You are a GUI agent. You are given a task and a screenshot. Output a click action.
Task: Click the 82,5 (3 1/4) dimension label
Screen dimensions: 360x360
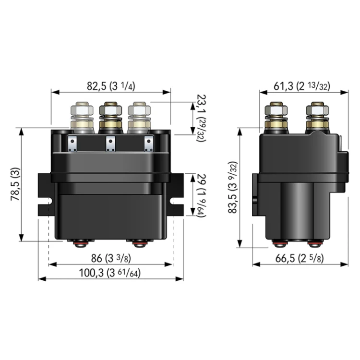click(x=111, y=86)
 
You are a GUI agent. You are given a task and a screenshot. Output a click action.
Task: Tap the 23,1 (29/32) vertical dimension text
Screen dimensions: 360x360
click(x=201, y=118)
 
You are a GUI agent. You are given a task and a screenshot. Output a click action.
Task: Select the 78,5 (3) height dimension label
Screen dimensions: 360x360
click(x=15, y=184)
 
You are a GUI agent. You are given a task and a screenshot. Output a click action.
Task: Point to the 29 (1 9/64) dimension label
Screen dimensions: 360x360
click(x=201, y=196)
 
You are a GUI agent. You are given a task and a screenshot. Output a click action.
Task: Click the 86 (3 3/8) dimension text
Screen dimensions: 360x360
click(x=111, y=259)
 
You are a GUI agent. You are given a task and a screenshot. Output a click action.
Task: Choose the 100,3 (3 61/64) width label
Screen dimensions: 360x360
click(x=110, y=273)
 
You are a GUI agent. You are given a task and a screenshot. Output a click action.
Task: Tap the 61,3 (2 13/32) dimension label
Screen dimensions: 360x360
click(x=302, y=86)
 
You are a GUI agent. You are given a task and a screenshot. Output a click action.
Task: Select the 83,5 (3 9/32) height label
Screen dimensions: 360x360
click(x=233, y=187)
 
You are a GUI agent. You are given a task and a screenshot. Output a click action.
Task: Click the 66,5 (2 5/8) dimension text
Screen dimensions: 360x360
click(x=300, y=259)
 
